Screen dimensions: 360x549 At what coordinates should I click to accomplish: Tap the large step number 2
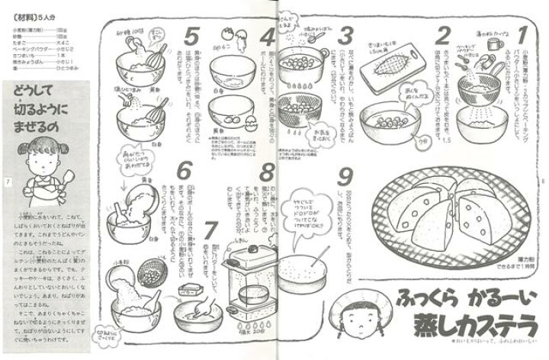[x=441, y=36]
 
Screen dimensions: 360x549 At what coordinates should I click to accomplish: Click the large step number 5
[x=192, y=37]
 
